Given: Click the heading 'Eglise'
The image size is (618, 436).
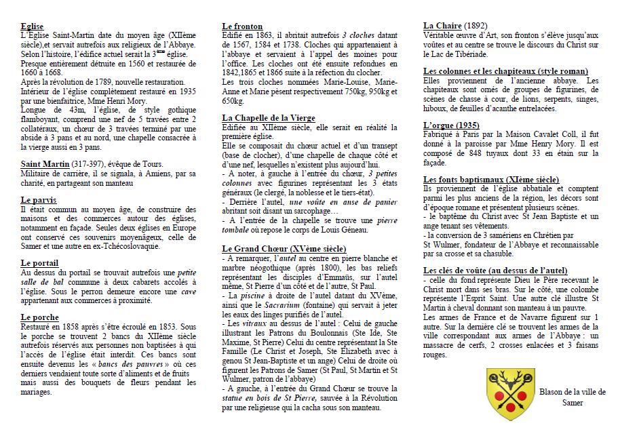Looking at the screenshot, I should [33, 26].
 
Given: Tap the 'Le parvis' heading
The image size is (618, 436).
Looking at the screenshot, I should [39, 200].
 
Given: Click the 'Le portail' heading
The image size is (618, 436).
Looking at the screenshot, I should [39, 263].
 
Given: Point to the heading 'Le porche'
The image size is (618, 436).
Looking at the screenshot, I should [39, 317].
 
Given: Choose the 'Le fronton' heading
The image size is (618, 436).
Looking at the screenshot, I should [242, 26].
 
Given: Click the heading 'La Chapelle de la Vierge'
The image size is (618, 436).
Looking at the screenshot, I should [269, 117].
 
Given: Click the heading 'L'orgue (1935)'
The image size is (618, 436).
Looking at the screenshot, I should [451, 125].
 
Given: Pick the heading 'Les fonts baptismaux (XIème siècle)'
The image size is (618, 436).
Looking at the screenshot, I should [490, 180].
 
